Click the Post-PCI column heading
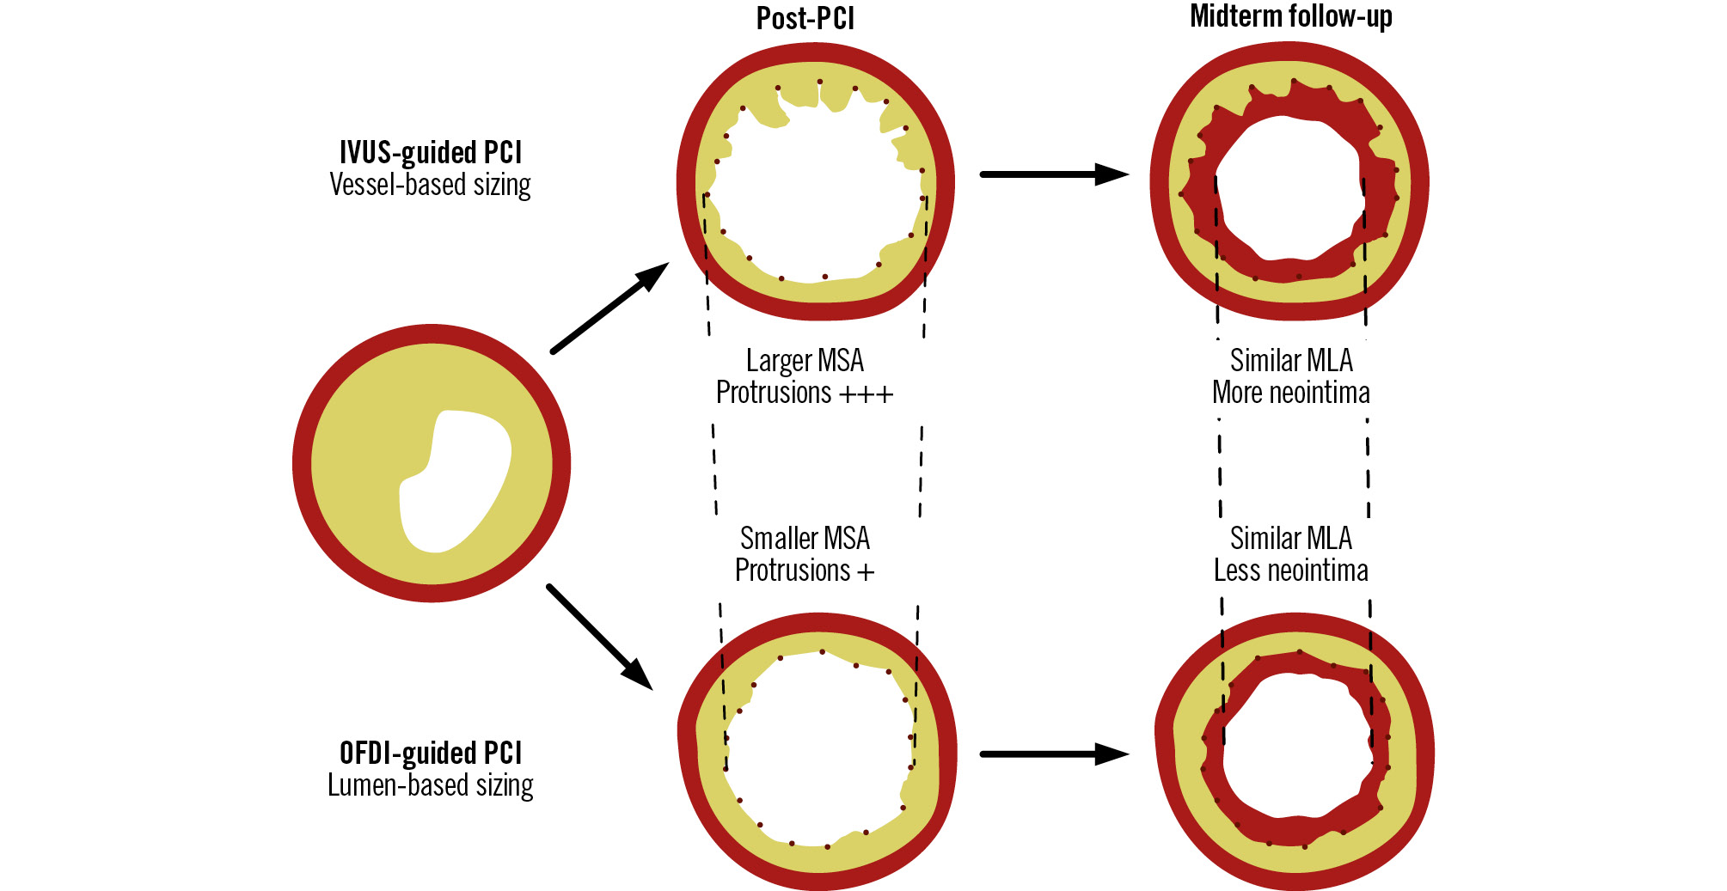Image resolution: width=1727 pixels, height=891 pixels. (805, 18)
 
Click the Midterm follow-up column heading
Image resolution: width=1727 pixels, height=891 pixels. (1290, 16)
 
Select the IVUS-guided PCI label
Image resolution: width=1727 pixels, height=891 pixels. (431, 152)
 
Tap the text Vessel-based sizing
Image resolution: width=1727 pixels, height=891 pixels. (431, 185)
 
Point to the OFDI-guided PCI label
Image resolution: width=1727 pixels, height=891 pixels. (431, 753)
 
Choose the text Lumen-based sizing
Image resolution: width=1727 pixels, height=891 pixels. (431, 785)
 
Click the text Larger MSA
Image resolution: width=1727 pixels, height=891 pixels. (805, 360)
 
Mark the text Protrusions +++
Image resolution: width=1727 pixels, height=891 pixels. (805, 393)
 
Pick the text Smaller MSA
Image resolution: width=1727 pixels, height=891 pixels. (805, 539)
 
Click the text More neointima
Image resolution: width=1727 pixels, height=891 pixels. (1290, 393)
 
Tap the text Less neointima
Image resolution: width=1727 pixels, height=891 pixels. (1290, 571)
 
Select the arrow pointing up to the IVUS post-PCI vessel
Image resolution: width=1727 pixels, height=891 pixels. (609, 308)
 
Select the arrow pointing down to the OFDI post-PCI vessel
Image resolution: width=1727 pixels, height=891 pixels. (599, 637)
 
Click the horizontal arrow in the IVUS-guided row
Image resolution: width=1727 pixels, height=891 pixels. (1054, 174)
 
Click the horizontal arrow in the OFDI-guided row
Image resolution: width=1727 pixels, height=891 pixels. (1054, 754)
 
